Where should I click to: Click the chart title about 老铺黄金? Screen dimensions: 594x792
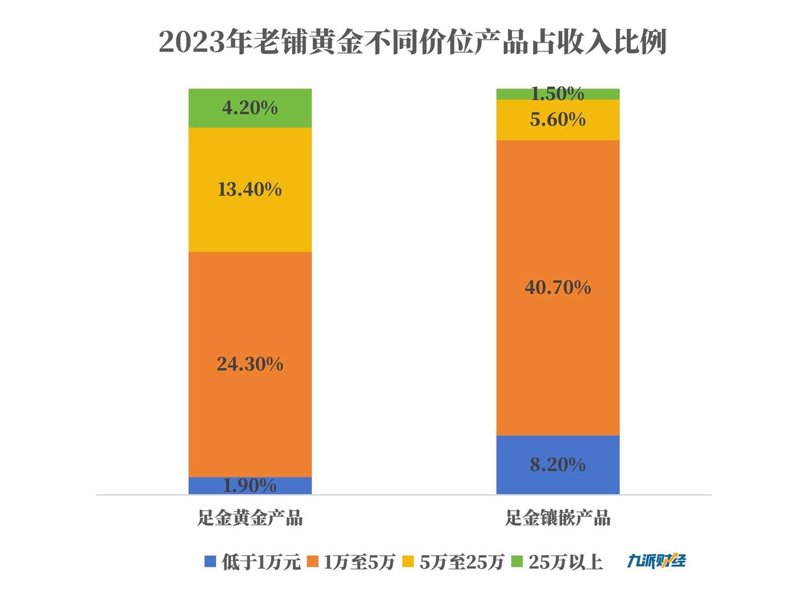pos(412,43)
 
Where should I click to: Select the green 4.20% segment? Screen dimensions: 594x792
pos(250,108)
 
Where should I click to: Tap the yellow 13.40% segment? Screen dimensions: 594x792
pos(250,189)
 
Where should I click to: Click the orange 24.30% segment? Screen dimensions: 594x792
pos(250,364)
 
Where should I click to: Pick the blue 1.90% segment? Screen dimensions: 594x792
pos(250,486)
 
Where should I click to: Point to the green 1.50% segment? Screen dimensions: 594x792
pos(557,94)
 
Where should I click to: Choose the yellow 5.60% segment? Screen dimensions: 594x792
pos(557,119)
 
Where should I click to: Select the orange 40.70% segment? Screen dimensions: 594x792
pos(557,287)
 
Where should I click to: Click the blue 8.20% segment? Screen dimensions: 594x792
pos(557,465)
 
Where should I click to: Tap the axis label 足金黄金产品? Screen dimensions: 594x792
pos(250,518)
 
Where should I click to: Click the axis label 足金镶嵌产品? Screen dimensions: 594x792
pos(557,518)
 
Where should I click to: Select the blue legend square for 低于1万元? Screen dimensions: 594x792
pos(210,561)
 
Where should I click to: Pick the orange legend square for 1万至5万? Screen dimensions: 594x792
pos(312,561)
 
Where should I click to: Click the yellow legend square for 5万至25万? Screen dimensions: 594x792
pos(409,561)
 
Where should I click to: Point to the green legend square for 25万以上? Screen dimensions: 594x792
pos(517,561)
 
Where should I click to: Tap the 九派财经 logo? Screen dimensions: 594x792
pos(656,561)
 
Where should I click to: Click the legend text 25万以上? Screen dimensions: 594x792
pos(566,562)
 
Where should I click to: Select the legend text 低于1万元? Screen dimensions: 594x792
pos(261,562)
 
